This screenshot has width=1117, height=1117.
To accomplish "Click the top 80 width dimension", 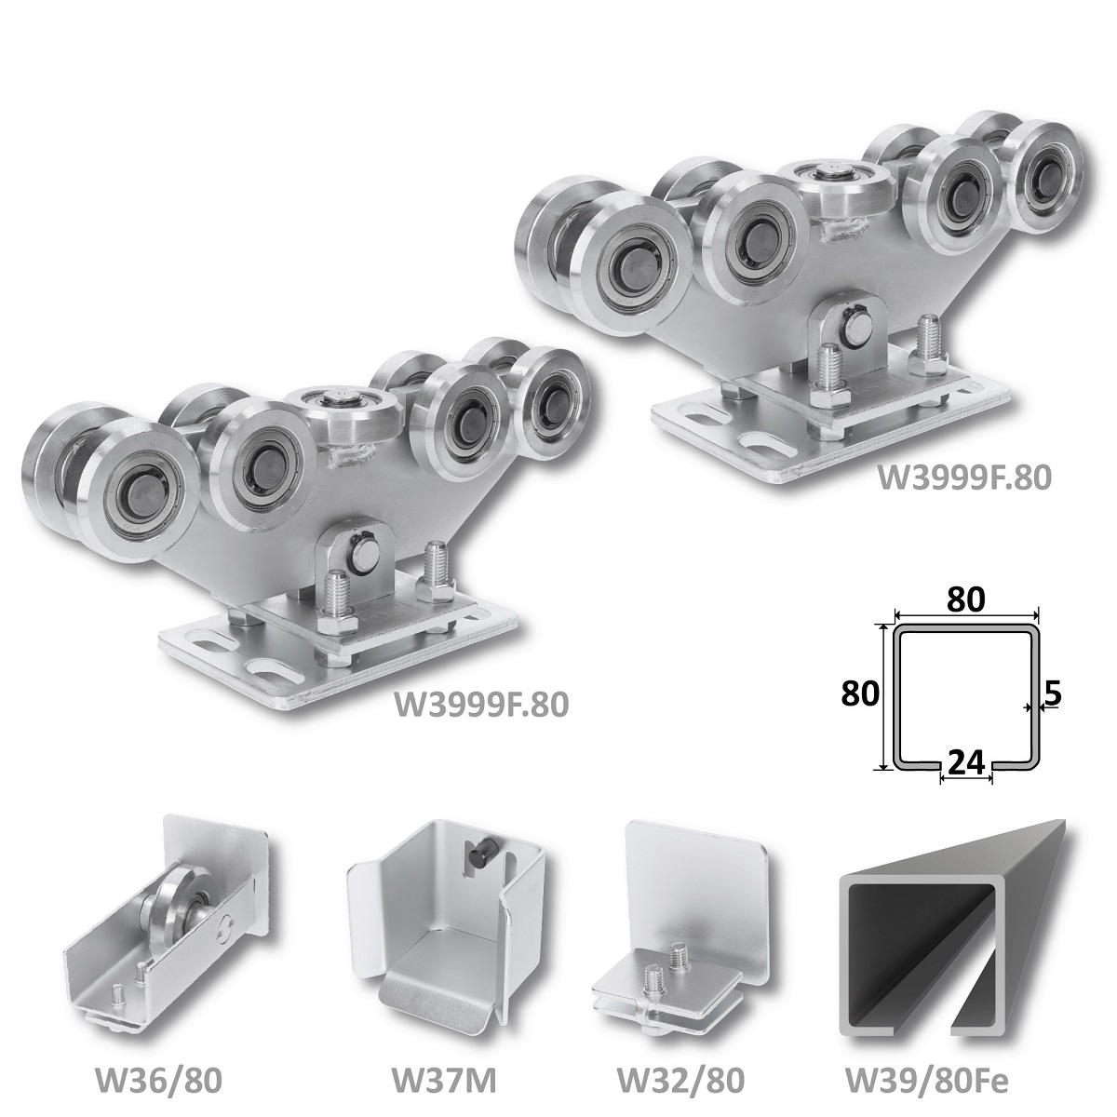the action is (x=965, y=600).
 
